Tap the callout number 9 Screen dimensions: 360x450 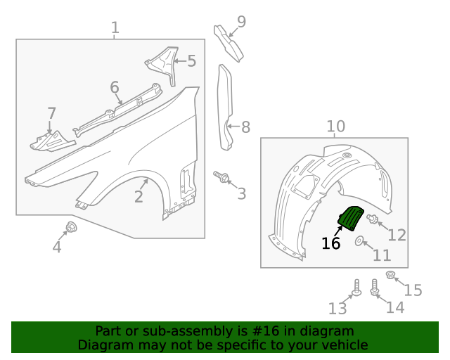click(241, 22)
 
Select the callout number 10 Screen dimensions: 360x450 click(335, 126)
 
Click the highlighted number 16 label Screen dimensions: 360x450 click(330, 243)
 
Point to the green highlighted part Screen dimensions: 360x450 click(350, 219)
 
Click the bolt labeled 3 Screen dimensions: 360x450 click(223, 178)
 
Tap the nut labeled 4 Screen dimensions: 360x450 click(71, 226)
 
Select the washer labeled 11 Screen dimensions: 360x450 click(359, 243)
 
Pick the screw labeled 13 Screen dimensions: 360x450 click(356, 288)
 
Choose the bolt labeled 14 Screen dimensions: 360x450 click(375, 287)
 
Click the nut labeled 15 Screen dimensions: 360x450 click(392, 275)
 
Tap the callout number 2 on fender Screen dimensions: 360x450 click(139, 197)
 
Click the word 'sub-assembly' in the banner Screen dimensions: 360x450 click(182, 331)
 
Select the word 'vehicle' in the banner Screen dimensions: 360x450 click(344, 345)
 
